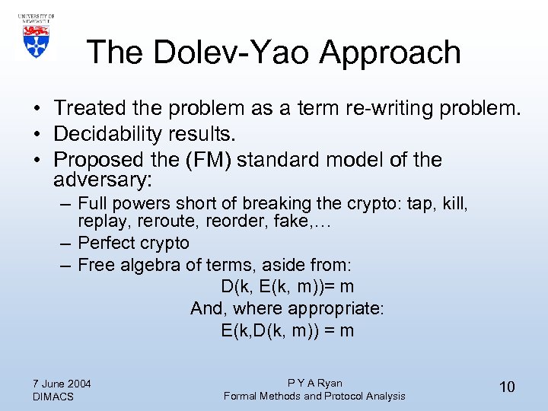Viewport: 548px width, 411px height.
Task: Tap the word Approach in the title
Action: click(x=390, y=53)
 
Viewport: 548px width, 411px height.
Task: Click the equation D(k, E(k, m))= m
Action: click(x=287, y=287)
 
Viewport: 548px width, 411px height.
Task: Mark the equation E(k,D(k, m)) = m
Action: click(x=287, y=330)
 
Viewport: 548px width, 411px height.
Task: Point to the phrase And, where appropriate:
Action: click(x=288, y=309)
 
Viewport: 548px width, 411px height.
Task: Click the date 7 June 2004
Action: click(x=62, y=383)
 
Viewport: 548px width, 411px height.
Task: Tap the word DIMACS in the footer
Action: click(x=53, y=397)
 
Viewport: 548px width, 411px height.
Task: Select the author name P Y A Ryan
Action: click(x=314, y=383)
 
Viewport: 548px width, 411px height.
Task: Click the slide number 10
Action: click(x=507, y=387)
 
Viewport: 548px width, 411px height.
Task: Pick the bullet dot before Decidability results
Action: click(x=37, y=135)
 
